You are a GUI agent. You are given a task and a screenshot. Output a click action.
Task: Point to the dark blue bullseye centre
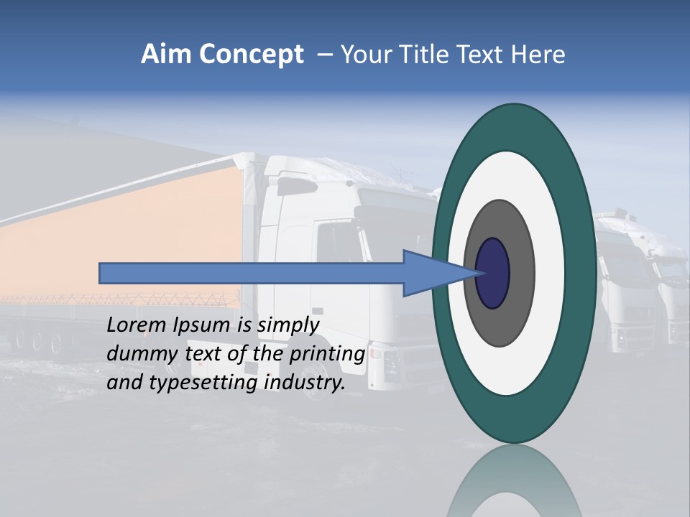[493, 274]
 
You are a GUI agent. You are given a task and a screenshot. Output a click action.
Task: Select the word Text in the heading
[476, 55]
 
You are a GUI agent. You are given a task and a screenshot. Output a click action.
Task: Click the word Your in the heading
[362, 55]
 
